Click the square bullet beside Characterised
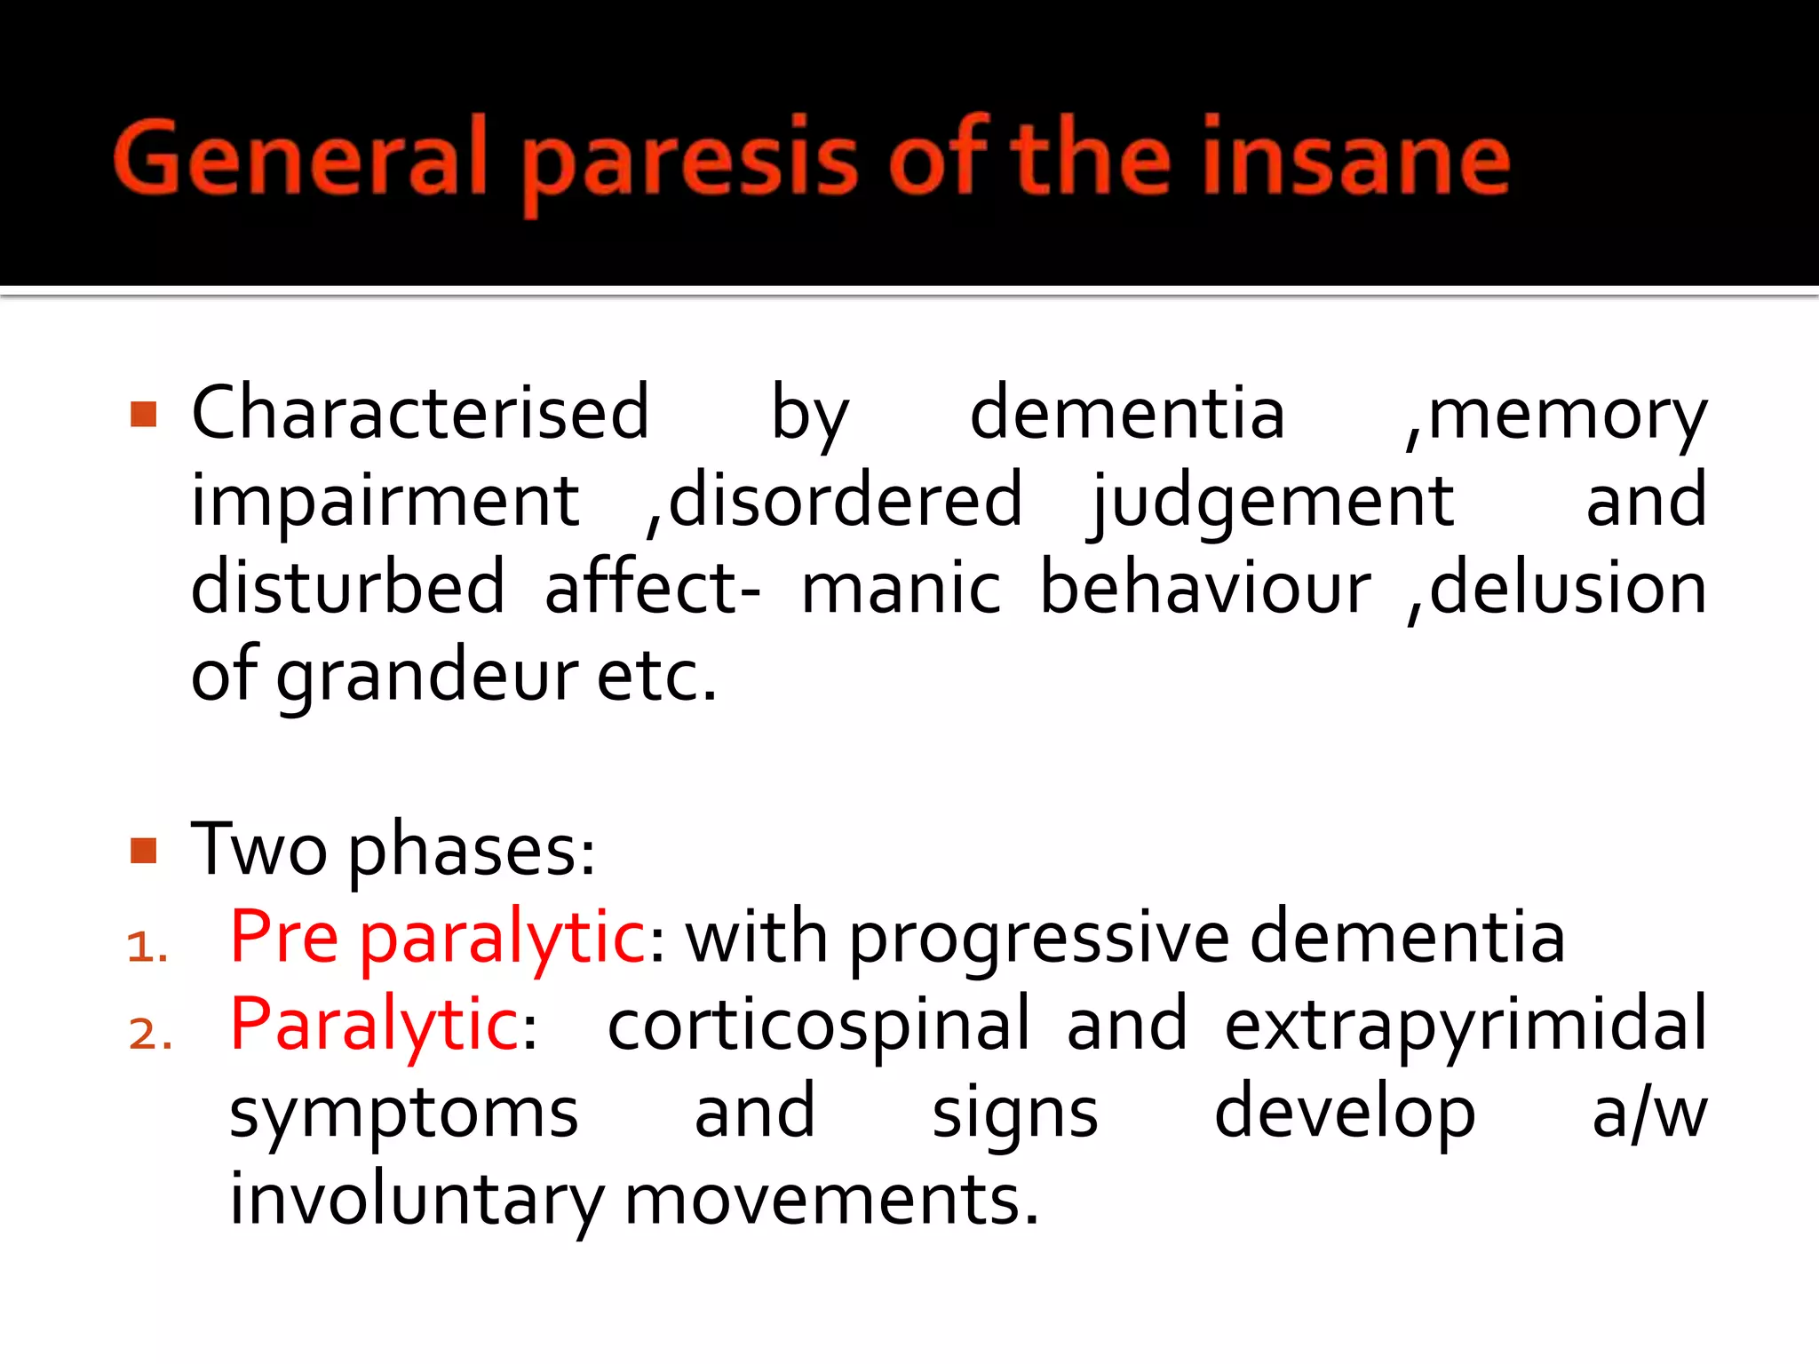[x=143, y=414]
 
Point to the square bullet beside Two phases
[x=143, y=850]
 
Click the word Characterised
[x=420, y=412]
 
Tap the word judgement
[x=1272, y=503]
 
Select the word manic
[x=901, y=588]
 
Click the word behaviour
[x=1205, y=588]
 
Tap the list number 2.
[x=150, y=1035]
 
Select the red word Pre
[x=284, y=937]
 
